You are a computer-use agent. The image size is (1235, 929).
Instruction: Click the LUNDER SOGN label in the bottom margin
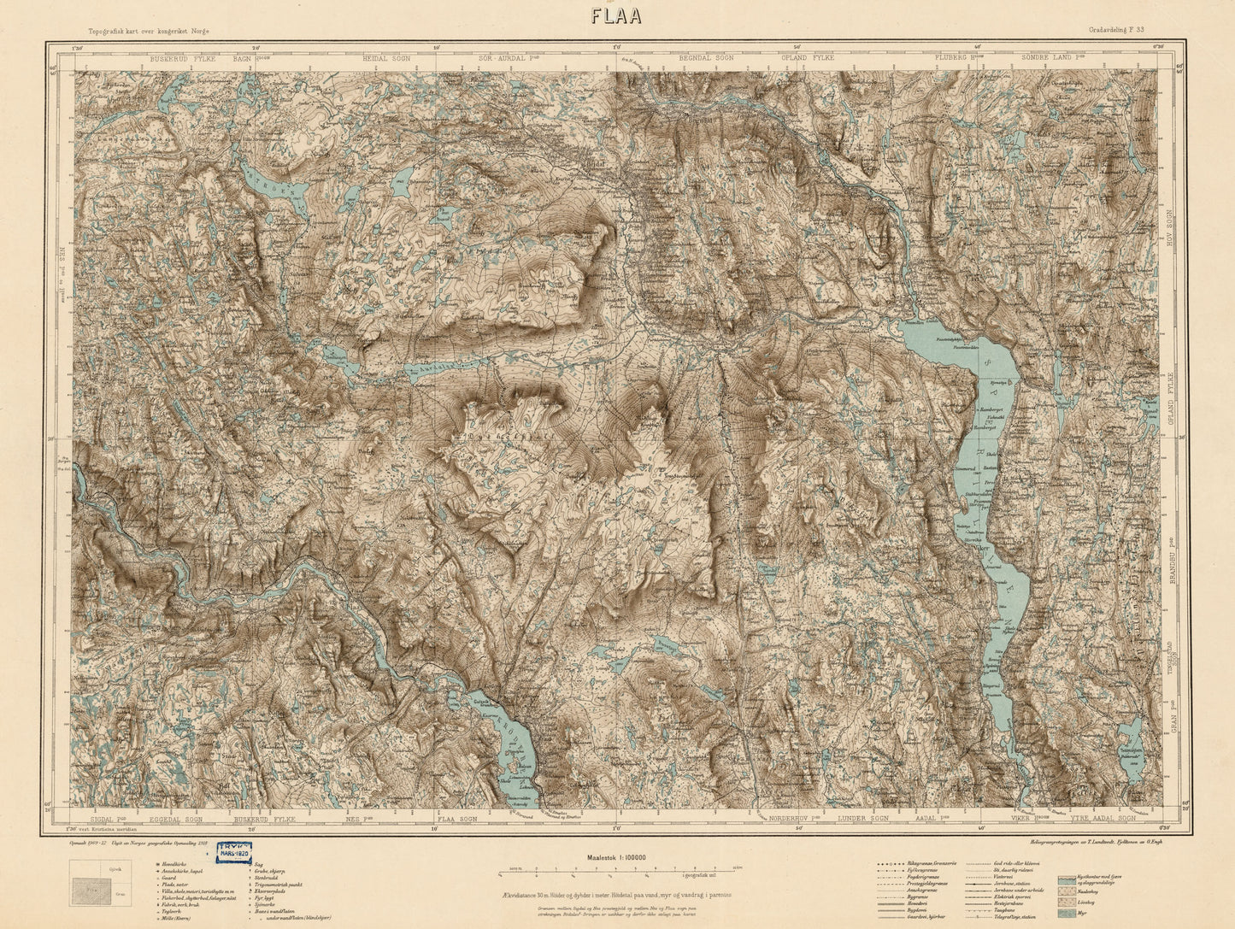click(x=865, y=818)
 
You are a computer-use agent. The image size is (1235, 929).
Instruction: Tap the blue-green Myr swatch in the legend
click(x=1067, y=914)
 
